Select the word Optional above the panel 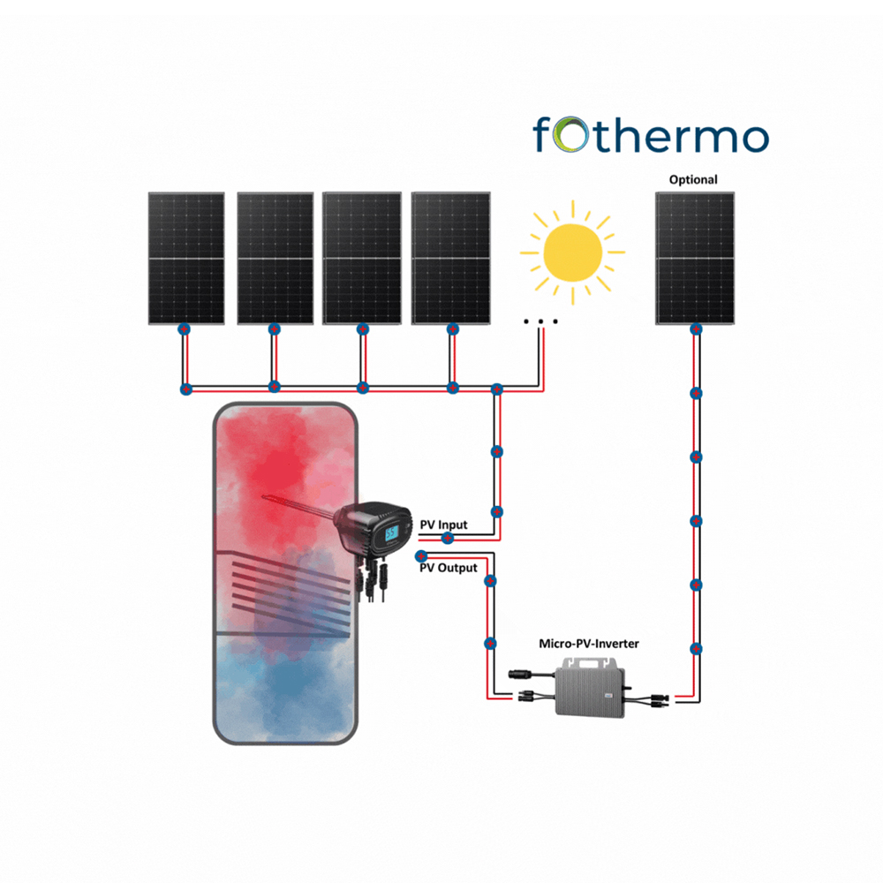[693, 179]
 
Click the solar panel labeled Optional [695, 258]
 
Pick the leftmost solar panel [185, 258]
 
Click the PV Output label [448, 568]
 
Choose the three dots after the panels [542, 321]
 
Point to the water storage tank [285, 574]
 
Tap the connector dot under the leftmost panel [184, 329]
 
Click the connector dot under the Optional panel [696, 329]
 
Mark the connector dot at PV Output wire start [420, 555]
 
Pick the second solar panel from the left [275, 258]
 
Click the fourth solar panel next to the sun [450, 258]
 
